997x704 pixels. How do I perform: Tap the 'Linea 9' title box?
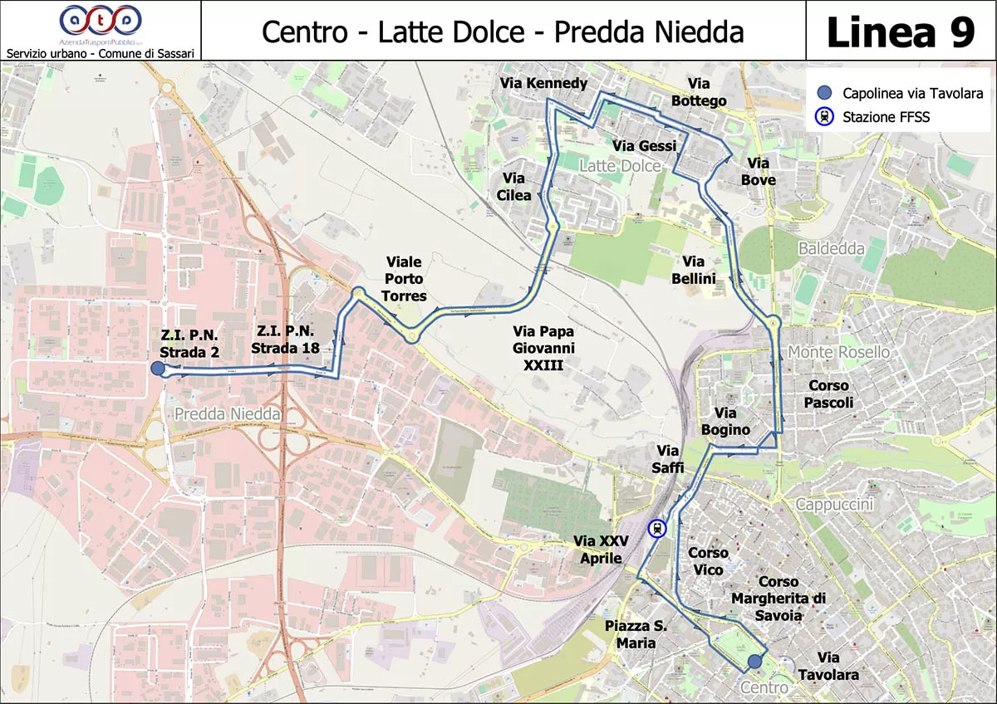[x=901, y=31]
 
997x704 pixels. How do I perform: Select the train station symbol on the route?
[x=657, y=529]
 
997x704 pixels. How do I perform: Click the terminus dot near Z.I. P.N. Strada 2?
[x=157, y=369]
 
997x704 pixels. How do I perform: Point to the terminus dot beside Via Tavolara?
[x=754, y=662]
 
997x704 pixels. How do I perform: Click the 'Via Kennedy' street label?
[x=544, y=83]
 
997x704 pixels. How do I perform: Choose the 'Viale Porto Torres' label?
[x=405, y=280]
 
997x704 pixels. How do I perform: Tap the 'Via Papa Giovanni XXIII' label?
[x=543, y=348]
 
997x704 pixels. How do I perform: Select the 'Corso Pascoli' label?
[x=828, y=394]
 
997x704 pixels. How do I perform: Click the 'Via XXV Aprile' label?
[x=601, y=550]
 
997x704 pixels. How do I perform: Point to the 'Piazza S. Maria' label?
[x=636, y=634]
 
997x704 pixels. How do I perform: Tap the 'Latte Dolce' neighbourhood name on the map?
[x=619, y=166]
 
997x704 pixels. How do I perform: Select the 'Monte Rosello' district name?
[x=838, y=352]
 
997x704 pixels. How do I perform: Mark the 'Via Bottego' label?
[x=699, y=92]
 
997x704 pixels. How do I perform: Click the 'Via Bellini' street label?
[x=693, y=271]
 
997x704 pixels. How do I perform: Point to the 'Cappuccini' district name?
[x=834, y=505]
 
